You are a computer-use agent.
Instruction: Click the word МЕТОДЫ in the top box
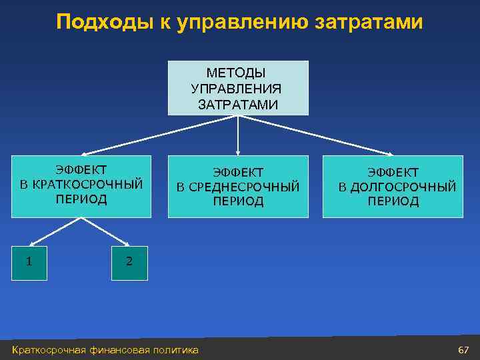click(238, 72)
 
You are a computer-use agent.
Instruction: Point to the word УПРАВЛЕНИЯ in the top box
click(238, 88)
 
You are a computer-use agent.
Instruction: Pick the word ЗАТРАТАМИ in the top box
click(238, 104)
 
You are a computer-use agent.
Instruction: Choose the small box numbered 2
click(129, 262)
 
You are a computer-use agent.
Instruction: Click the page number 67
click(463, 349)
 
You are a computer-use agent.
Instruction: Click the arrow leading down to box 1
click(47, 231)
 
